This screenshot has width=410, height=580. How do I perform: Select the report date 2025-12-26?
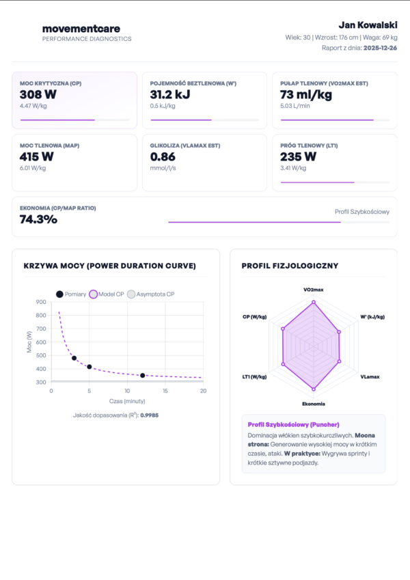click(380, 48)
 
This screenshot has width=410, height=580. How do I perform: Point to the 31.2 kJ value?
click(171, 94)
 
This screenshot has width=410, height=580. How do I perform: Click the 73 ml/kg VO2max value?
click(307, 94)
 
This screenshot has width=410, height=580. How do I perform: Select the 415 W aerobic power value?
click(36, 156)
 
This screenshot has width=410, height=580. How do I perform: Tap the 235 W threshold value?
click(299, 156)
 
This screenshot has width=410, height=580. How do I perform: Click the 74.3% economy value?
click(38, 219)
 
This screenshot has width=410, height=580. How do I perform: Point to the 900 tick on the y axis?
click(42, 302)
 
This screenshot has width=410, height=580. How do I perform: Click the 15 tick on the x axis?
click(165, 391)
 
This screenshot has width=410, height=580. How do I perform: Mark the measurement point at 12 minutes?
click(142, 375)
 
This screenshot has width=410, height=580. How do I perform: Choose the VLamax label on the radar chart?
click(370, 376)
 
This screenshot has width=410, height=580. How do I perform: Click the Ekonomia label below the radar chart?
click(314, 404)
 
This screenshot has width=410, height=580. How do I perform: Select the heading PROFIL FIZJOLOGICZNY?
click(290, 266)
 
